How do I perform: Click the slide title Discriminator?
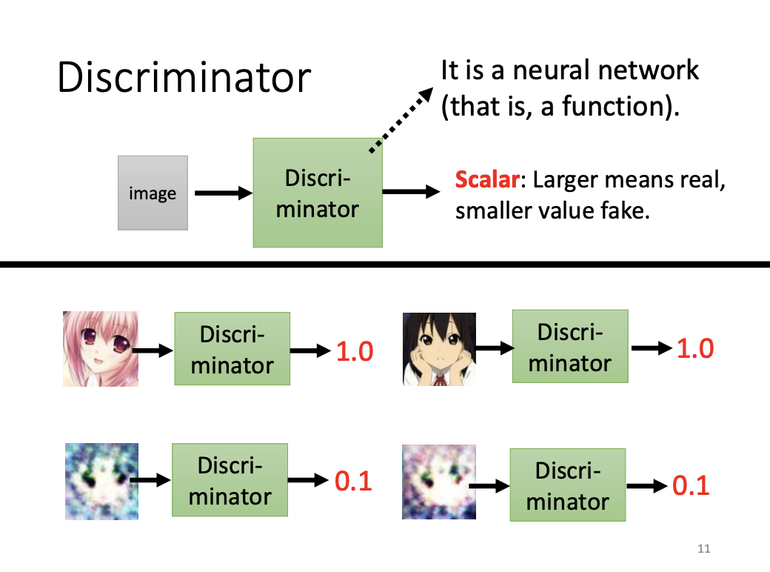184,77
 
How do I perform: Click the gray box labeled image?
153,193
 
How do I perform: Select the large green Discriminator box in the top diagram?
318,192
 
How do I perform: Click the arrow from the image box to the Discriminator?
222,193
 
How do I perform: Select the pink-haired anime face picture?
101,348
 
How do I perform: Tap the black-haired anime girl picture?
439,349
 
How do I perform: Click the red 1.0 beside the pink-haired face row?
355,352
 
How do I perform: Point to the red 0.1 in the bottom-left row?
353,482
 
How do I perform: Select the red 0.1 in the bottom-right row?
691,485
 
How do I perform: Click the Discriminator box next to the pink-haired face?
232,348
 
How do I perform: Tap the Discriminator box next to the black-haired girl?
569,346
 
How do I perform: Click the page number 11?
703,549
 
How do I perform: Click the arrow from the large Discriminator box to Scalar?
411,192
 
